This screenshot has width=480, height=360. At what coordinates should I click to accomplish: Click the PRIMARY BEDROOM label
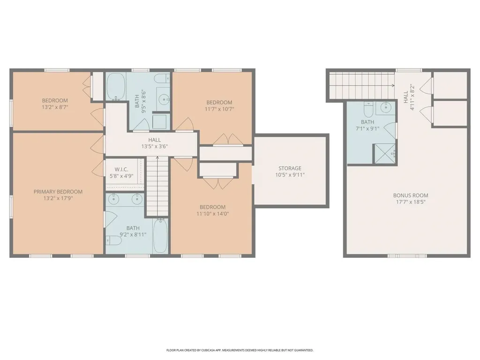58,191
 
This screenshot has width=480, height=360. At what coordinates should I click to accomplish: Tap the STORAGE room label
290,168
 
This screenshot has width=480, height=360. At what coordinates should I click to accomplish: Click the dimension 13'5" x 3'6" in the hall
154,146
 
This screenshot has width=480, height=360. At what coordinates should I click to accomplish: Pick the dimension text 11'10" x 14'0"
212,214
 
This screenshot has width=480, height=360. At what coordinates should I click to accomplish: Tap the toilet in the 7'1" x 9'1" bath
367,110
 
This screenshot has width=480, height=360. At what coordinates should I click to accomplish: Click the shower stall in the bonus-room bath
384,154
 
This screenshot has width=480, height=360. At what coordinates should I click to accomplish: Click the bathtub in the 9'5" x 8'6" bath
115,87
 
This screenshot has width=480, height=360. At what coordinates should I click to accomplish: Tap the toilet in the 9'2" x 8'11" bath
114,240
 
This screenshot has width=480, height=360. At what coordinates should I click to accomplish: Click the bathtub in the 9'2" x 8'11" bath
160,236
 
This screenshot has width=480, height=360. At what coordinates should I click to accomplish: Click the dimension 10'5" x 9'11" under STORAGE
290,175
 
